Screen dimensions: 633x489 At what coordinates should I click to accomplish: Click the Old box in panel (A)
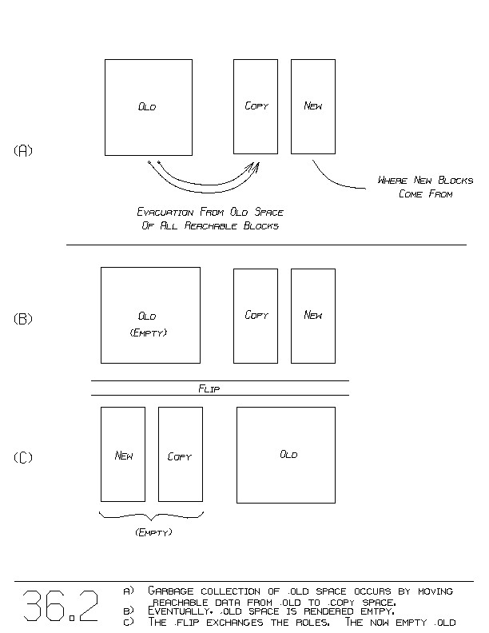[148, 107]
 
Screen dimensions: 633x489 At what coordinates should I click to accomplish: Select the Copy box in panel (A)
[256, 106]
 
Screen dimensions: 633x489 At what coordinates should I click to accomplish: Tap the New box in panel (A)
[312, 106]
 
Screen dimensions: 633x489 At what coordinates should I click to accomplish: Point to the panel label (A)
[23, 150]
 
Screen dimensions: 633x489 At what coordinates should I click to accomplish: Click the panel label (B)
[23, 319]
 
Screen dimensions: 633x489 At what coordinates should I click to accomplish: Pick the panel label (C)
[23, 458]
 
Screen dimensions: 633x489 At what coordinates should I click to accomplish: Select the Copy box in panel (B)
[256, 316]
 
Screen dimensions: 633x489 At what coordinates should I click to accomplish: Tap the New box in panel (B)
[312, 316]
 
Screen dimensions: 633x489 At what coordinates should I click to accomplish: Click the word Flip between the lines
[209, 388]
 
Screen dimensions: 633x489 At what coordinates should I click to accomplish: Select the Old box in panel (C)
[286, 455]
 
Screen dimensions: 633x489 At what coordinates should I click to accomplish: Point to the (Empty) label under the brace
[153, 532]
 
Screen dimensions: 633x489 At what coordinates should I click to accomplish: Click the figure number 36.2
[61, 606]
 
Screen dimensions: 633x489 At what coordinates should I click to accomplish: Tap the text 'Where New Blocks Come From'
[425, 187]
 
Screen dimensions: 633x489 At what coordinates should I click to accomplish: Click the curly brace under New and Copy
[151, 516]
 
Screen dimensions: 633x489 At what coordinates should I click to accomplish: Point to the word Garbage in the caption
[173, 591]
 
